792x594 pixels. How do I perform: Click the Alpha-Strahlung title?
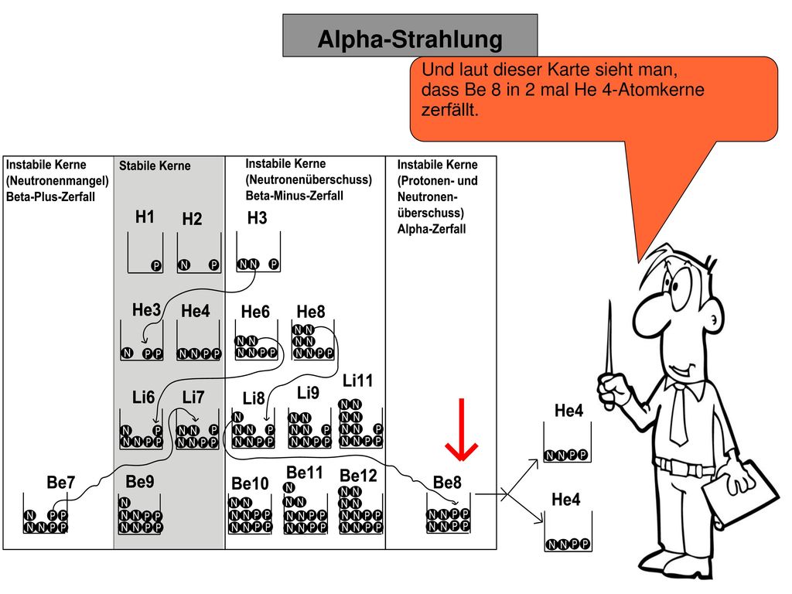(x=410, y=39)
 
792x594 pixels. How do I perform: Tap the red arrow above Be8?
(x=461, y=429)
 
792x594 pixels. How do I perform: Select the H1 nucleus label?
(x=145, y=217)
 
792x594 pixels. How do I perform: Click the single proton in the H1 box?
(x=156, y=265)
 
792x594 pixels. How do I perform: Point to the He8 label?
(x=311, y=312)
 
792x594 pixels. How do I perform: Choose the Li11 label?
(x=357, y=381)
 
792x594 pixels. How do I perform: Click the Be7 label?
(x=60, y=482)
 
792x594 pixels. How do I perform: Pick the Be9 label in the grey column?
(x=140, y=481)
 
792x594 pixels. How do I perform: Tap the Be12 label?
(x=358, y=476)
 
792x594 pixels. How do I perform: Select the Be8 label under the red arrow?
(x=447, y=483)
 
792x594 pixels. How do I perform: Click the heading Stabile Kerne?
(x=155, y=166)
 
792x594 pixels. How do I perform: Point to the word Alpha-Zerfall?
(x=432, y=229)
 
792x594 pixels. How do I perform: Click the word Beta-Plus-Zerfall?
(x=50, y=196)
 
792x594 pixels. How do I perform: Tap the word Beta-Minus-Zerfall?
(x=295, y=196)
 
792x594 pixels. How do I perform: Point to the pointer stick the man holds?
(x=609, y=353)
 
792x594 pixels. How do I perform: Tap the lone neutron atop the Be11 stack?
(x=289, y=487)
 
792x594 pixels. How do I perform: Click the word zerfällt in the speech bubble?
(x=449, y=110)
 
